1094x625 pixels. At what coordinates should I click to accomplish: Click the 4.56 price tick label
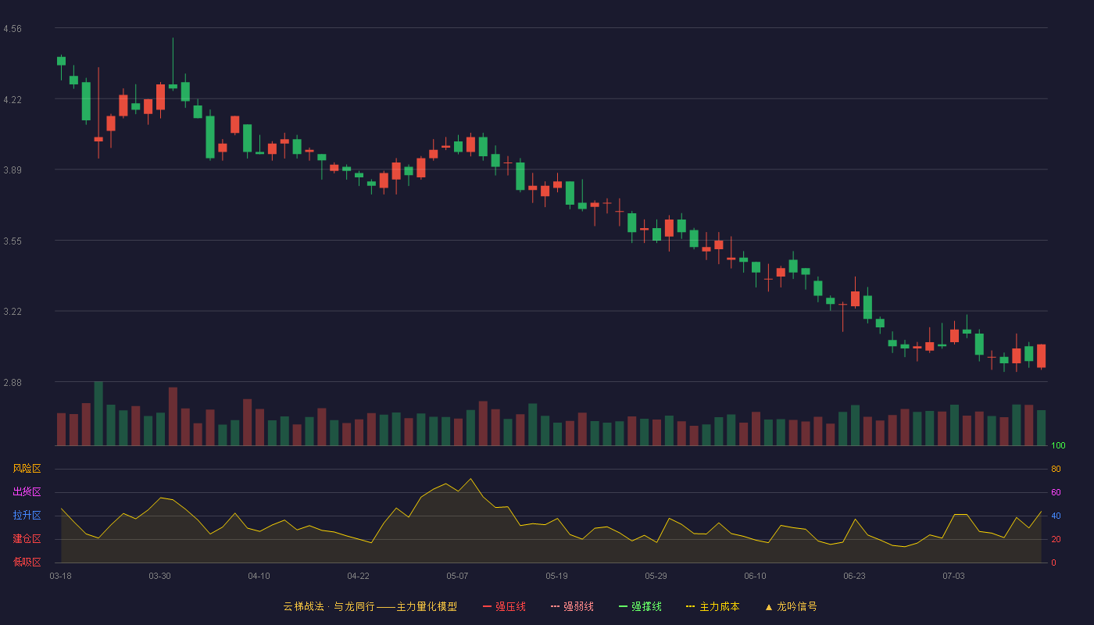(x=13, y=29)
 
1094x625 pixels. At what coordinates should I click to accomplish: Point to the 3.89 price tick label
(x=13, y=170)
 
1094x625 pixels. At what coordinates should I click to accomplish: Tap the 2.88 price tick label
(x=13, y=383)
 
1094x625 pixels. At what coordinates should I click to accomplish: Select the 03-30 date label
(x=159, y=577)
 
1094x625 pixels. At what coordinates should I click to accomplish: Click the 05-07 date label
(x=457, y=577)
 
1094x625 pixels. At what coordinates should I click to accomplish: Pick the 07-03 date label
(x=953, y=577)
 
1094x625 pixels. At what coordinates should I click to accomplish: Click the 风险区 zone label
(x=27, y=469)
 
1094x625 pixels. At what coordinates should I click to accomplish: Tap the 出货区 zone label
(x=27, y=492)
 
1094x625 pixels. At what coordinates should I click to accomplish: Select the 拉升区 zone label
(x=27, y=516)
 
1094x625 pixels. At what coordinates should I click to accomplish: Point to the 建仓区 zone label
(x=27, y=539)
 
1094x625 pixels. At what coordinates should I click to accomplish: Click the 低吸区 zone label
(x=27, y=562)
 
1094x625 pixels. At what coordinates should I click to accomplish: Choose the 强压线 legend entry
(x=504, y=607)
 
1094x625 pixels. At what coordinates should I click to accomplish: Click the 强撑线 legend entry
(x=640, y=607)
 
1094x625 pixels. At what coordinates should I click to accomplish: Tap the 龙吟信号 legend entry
(x=791, y=607)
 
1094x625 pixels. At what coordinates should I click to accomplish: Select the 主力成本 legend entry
(x=713, y=607)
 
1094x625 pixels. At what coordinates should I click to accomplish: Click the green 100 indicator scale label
(x=1058, y=445)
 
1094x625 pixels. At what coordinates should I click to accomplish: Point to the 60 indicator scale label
(x=1056, y=492)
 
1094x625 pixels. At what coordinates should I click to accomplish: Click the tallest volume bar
(x=98, y=413)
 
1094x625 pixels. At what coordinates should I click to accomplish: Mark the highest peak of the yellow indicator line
(x=470, y=478)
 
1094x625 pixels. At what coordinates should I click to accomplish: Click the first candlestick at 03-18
(x=61, y=61)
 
